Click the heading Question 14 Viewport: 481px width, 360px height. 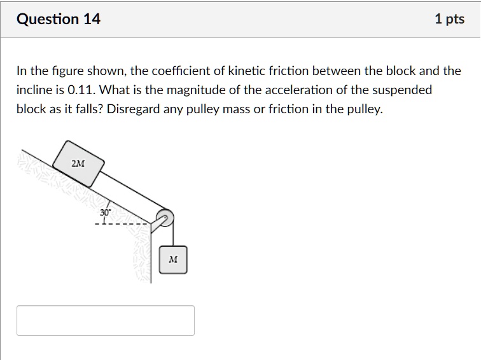click(59, 19)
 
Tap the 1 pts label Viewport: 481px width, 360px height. click(449, 19)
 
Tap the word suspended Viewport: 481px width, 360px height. click(400, 90)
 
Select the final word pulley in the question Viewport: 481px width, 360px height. click(365, 109)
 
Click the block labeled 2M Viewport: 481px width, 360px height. click(78, 163)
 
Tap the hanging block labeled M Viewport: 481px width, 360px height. click(173, 260)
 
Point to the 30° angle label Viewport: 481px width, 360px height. click(105, 212)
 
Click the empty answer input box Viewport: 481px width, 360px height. click(106, 321)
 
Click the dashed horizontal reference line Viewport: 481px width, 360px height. click(124, 223)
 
